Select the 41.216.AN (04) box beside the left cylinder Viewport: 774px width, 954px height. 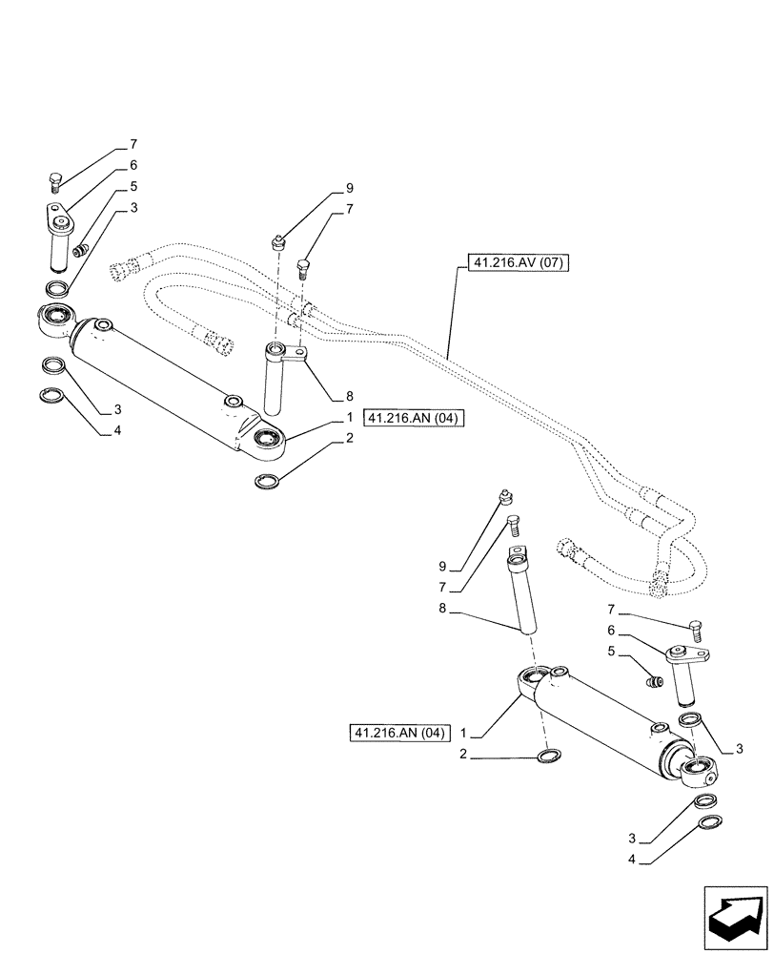pyautogui.click(x=413, y=419)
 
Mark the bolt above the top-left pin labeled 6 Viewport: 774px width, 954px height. pyautogui.click(x=55, y=181)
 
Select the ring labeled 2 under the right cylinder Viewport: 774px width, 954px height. pyautogui.click(x=549, y=757)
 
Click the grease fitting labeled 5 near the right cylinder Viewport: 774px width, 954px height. pyautogui.click(x=654, y=682)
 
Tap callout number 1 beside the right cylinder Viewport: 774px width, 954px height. pyautogui.click(x=462, y=733)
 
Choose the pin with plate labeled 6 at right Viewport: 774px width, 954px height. pyautogui.click(x=684, y=671)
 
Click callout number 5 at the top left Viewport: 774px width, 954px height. pyautogui.click(x=132, y=186)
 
